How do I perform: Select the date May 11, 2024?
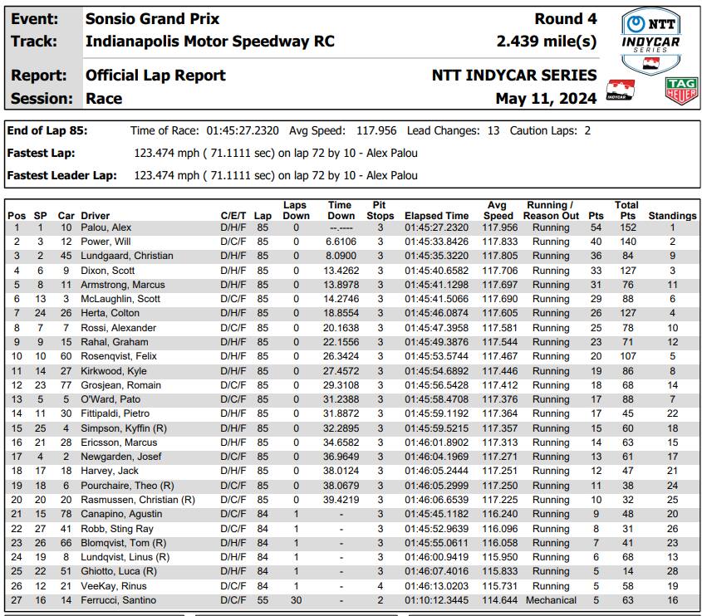tap(546, 99)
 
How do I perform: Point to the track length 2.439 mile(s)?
tap(546, 41)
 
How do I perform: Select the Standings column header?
tap(672, 216)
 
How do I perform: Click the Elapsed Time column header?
tap(436, 216)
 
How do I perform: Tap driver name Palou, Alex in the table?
tap(106, 227)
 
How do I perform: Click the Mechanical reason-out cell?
tap(551, 600)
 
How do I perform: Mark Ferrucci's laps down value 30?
tap(296, 600)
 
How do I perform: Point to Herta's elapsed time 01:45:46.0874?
tap(436, 313)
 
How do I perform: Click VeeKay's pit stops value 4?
tap(380, 586)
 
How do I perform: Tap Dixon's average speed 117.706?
tap(499, 271)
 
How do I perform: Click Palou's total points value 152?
tap(626, 227)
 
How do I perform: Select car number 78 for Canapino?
tap(66, 514)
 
